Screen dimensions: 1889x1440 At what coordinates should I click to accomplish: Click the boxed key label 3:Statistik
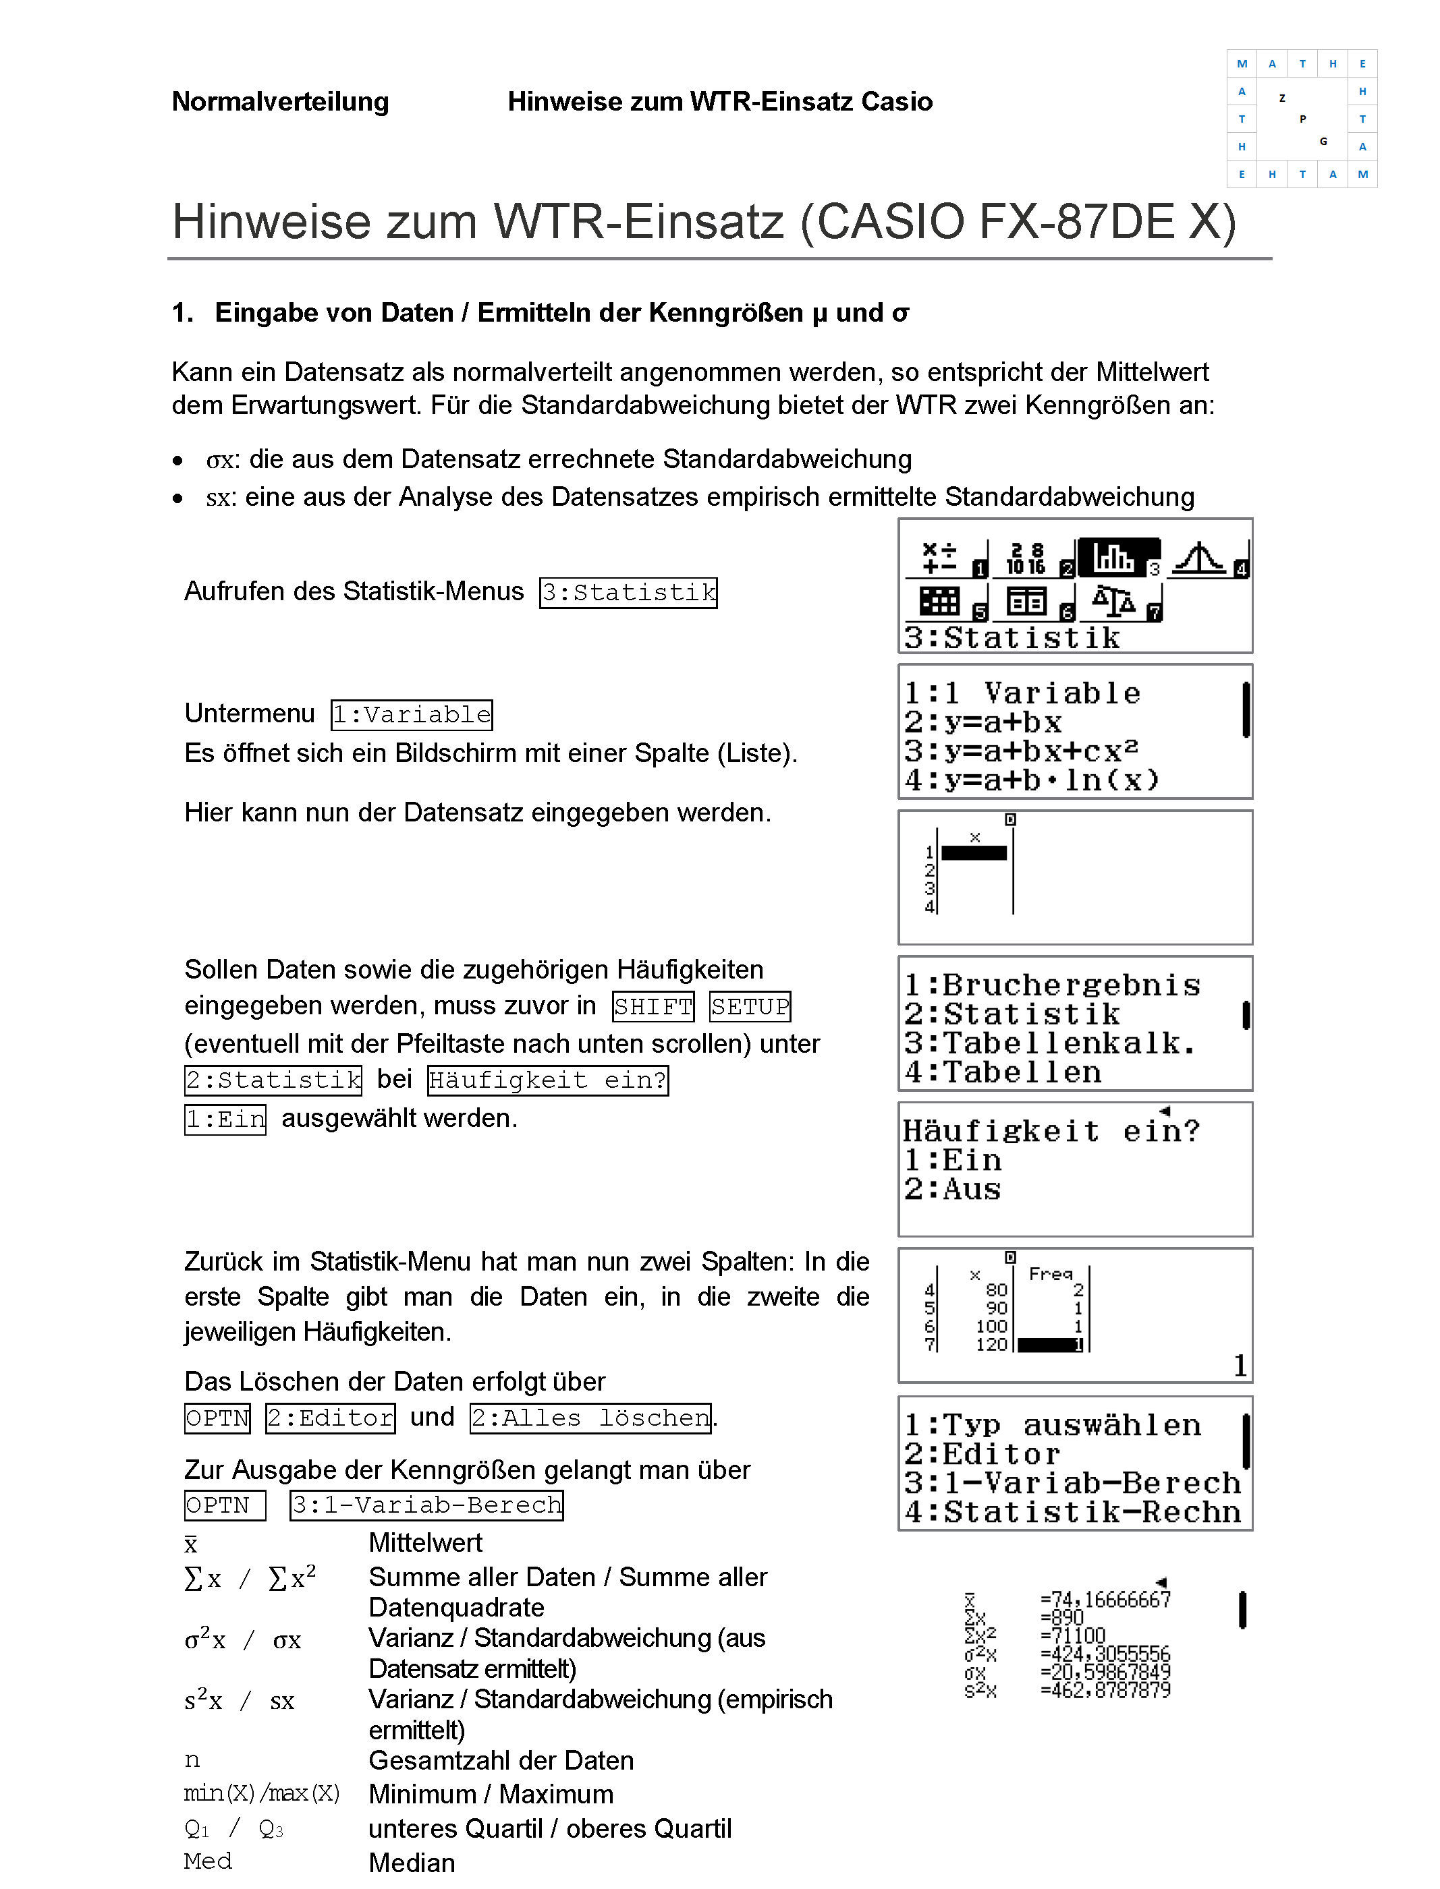[x=628, y=592]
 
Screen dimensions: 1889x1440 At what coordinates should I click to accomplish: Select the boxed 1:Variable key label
[x=412, y=714]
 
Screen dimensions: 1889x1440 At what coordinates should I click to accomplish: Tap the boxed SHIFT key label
[x=653, y=1007]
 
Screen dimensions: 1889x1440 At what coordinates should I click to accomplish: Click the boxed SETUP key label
[x=750, y=1007]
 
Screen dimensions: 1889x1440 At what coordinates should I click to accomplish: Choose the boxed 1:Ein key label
[x=225, y=1120]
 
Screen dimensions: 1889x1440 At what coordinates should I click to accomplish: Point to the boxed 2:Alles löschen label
[x=590, y=1418]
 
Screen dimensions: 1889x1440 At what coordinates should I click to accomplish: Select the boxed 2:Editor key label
[x=330, y=1418]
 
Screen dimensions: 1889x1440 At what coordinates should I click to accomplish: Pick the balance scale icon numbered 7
[x=1115, y=602]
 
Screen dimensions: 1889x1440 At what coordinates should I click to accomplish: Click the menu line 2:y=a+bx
[x=983, y=722]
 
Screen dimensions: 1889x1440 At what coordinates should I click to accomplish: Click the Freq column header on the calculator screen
[x=1050, y=1274]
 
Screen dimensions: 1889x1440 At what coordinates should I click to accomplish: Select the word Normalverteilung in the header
[x=280, y=102]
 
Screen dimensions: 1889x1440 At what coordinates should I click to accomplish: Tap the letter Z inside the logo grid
[x=1281, y=98]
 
